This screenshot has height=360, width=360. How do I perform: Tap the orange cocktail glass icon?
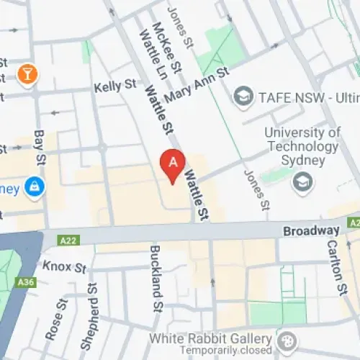[27, 74]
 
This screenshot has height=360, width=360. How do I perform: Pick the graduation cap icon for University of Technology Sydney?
[302, 181]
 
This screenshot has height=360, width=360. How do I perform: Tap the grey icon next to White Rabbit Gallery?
[286, 339]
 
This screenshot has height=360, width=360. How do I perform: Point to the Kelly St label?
[114, 86]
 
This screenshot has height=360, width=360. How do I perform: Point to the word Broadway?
[310, 231]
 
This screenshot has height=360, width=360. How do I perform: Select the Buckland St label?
[156, 278]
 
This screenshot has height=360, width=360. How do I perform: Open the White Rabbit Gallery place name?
[210, 338]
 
